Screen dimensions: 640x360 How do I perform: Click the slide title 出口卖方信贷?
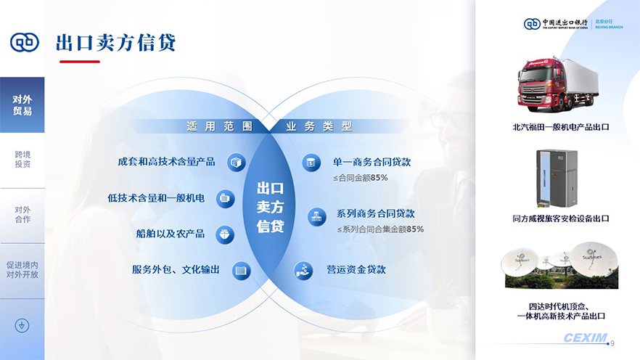115,43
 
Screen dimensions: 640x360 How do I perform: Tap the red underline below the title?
80,62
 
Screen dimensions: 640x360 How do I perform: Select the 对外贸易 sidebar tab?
22,105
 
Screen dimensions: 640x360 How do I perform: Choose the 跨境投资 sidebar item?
22,159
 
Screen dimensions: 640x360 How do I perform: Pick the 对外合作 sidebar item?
22,214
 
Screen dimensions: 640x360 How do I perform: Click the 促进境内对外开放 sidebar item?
22,270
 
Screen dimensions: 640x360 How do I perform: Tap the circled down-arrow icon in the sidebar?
22,325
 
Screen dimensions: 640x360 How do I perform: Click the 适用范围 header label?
220,126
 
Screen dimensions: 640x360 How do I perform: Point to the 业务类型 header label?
319,126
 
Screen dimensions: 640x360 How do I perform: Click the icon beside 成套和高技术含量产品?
237,163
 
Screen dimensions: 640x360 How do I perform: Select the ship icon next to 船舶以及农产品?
225,234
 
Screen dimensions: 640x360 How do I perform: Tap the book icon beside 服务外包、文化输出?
241,271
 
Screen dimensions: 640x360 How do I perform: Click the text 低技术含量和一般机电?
156,198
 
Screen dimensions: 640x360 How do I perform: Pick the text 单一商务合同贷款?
372,162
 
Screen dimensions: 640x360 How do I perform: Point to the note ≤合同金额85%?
361,178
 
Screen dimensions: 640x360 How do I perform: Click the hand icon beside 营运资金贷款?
303,270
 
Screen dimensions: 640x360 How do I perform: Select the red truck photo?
558,84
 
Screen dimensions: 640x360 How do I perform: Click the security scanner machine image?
557,179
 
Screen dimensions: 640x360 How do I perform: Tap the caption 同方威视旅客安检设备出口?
561,218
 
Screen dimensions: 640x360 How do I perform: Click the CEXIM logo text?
586,338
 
